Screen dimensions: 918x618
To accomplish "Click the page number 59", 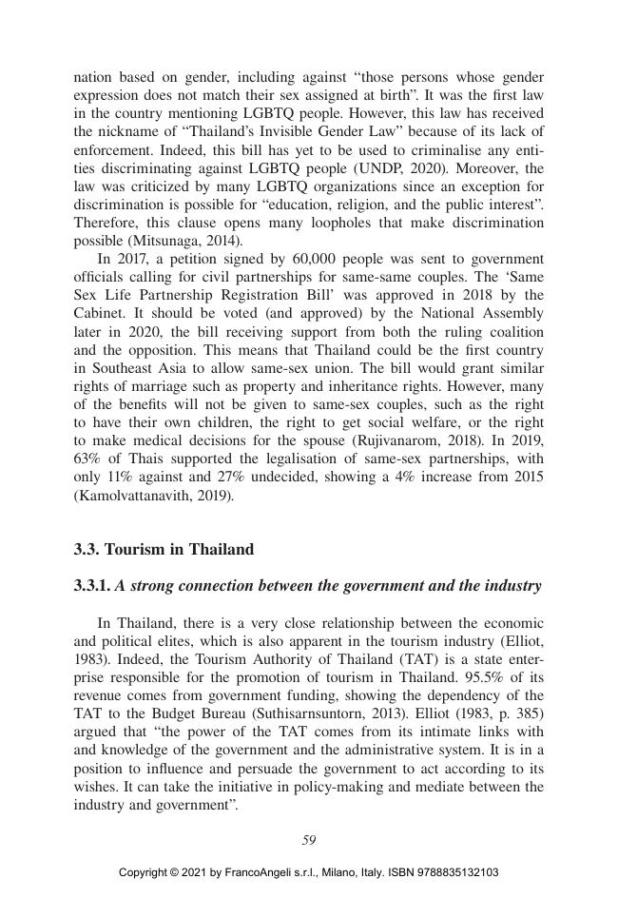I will click(309, 839).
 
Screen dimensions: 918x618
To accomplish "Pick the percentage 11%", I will click(117, 478).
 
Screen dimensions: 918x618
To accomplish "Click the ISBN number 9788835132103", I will click(454, 872).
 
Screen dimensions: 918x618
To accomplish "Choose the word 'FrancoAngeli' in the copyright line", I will click(256, 872).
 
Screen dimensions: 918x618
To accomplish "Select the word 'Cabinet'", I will click(96, 314).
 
